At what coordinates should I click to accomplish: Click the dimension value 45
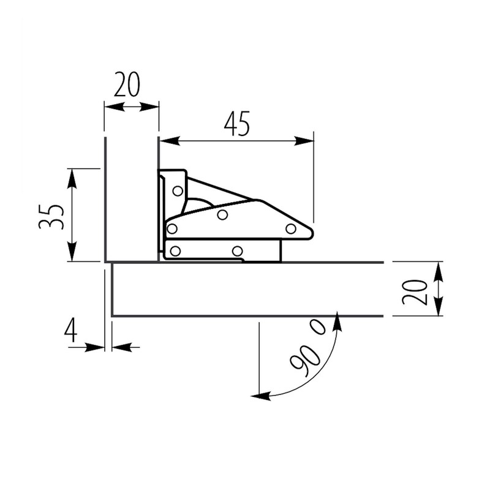237,124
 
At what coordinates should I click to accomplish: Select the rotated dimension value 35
51,216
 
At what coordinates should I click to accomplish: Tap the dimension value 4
71,331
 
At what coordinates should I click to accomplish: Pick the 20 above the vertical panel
127,85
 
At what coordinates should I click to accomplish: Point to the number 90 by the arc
305,359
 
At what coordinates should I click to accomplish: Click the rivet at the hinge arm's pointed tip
291,228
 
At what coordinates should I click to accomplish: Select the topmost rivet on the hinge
178,190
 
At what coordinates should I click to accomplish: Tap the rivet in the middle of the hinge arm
223,214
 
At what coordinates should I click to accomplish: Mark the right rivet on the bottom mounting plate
238,251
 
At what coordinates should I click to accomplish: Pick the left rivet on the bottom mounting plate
176,251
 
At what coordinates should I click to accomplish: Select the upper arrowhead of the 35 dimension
72,177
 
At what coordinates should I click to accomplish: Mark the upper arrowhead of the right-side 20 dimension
438,270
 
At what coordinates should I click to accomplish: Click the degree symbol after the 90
322,328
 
